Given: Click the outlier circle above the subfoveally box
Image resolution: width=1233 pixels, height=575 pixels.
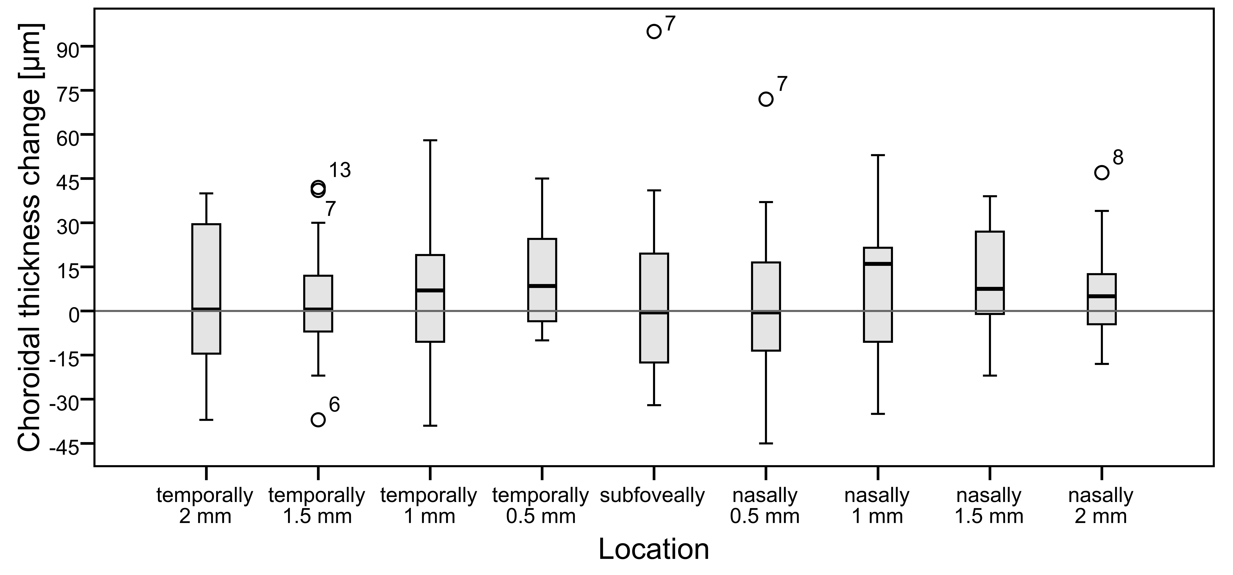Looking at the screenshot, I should tap(654, 32).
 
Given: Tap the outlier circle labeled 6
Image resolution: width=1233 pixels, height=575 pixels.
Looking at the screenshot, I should tap(318, 419).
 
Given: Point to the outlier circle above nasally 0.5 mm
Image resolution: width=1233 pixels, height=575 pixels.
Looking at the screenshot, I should tap(766, 99).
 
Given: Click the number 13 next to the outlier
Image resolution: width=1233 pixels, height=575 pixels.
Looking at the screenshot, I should tap(340, 170).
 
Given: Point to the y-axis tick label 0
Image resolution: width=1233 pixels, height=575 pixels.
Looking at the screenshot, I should tap(73, 315).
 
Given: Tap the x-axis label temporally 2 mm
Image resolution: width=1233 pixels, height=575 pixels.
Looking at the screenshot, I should tap(205, 506).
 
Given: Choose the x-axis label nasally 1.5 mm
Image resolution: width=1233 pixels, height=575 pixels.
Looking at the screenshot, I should tap(989, 506).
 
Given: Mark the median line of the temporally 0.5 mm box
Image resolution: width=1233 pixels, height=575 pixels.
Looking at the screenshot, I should tap(542, 286).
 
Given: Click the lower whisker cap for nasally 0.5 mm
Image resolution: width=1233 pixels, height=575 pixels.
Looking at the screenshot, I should tap(766, 443).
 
